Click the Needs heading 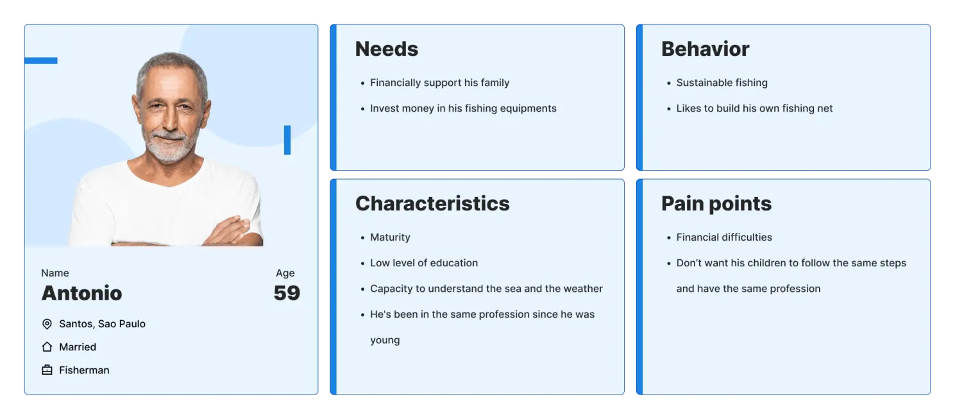point(386,49)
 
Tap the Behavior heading point(705,49)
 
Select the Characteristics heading point(432,203)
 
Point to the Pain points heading point(716,203)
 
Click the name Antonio point(82,293)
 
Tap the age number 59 point(287,293)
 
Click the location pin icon point(47,324)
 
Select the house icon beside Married point(47,347)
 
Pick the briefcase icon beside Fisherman point(47,370)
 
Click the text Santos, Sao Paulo point(103,324)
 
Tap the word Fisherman point(84,370)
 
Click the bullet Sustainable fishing point(722,83)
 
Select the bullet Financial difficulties point(724,237)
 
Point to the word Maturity point(390,237)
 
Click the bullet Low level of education point(424,263)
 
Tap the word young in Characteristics point(385,341)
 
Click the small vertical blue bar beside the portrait point(287,140)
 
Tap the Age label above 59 point(285,273)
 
